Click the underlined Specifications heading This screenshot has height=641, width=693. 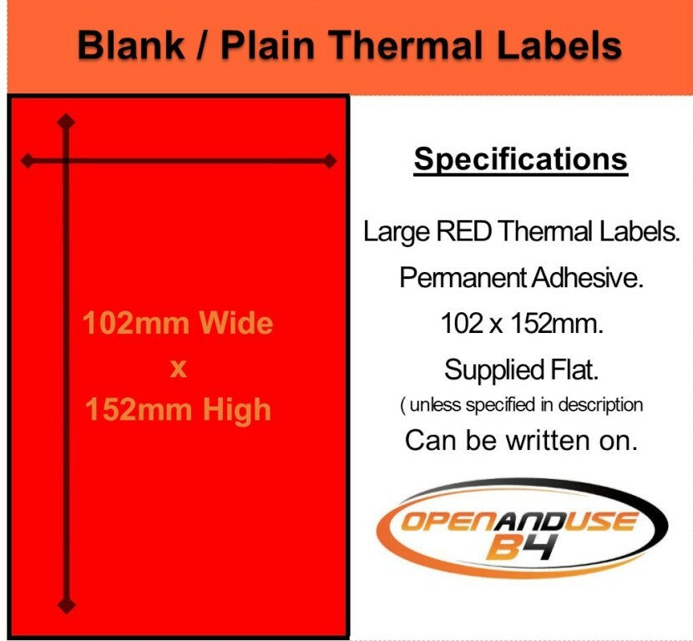click(520, 159)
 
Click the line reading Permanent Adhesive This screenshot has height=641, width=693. click(521, 278)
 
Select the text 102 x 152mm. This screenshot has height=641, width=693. click(521, 323)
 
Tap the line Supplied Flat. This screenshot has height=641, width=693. click(521, 368)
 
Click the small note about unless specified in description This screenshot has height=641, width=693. click(521, 405)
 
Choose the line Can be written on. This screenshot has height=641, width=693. click(521, 440)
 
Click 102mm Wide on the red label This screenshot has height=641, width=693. click(178, 322)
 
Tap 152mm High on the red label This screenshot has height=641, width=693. click(178, 409)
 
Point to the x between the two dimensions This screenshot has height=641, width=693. click(178, 366)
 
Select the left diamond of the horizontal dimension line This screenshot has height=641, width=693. click(28, 160)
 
